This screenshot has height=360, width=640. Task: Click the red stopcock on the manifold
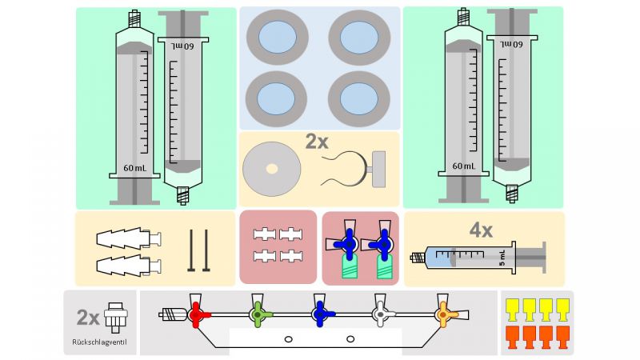tap(197, 314)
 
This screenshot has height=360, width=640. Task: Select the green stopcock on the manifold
tap(258, 314)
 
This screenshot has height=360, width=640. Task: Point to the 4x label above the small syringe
tap(481, 230)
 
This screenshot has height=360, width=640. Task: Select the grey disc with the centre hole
tap(272, 168)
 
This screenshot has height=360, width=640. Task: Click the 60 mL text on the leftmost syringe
tap(134, 168)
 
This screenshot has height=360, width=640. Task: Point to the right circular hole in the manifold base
tap(350, 339)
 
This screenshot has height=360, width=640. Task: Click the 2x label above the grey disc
tap(317, 142)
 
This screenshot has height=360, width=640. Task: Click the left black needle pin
tap(193, 250)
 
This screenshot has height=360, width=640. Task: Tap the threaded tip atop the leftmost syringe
tap(134, 16)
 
